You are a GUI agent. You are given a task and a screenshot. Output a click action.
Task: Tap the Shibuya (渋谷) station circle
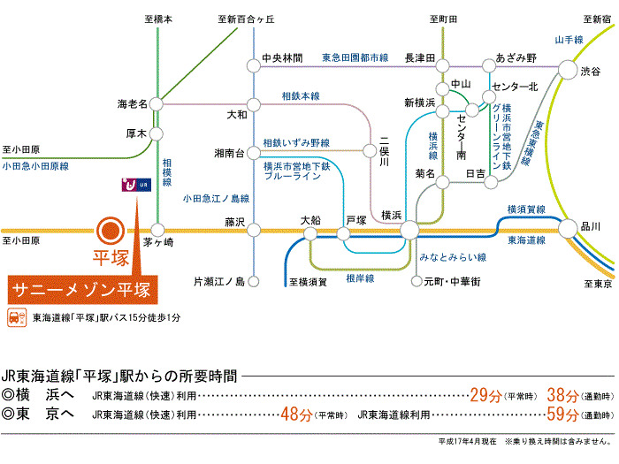[567, 71]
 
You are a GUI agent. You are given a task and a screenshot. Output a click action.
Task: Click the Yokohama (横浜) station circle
[409, 231]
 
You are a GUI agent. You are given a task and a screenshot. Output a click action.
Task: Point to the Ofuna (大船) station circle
[310, 233]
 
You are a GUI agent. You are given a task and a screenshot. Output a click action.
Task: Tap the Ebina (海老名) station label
[134, 103]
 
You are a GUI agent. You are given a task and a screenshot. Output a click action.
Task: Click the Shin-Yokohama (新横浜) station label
[419, 103]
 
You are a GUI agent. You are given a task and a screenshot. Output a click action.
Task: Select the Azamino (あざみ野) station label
[516, 57]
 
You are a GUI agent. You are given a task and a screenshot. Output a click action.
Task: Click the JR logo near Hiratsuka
[137, 186]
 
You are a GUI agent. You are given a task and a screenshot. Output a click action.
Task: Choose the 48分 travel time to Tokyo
[295, 414]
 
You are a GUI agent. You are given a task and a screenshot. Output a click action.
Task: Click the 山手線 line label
[569, 40]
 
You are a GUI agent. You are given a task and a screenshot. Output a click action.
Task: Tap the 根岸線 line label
[360, 278]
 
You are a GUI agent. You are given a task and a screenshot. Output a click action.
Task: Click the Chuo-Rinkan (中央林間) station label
[283, 58]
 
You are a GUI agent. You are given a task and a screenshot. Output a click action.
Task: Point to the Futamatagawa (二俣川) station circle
[369, 151]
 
